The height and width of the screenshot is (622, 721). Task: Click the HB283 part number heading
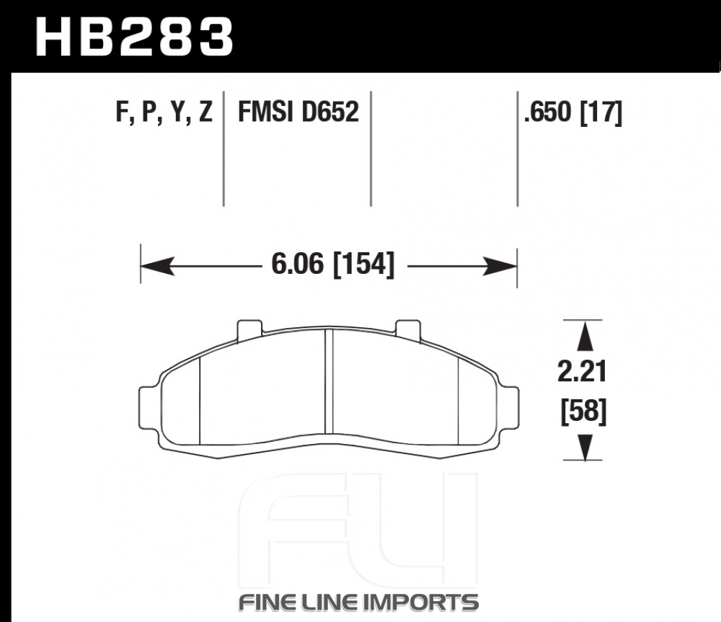click(x=134, y=37)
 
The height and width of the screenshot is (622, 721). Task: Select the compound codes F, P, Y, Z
click(x=164, y=112)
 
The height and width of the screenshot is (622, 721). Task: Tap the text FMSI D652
click(x=298, y=112)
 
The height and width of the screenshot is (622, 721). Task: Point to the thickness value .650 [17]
click(x=573, y=112)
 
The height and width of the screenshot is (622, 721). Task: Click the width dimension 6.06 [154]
click(x=333, y=264)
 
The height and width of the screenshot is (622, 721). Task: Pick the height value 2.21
click(x=582, y=371)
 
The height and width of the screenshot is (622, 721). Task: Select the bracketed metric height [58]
click(x=583, y=411)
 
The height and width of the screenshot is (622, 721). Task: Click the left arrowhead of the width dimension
click(x=157, y=266)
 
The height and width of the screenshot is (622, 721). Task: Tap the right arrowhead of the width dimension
click(x=500, y=266)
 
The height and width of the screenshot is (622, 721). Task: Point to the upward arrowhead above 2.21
click(x=585, y=337)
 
